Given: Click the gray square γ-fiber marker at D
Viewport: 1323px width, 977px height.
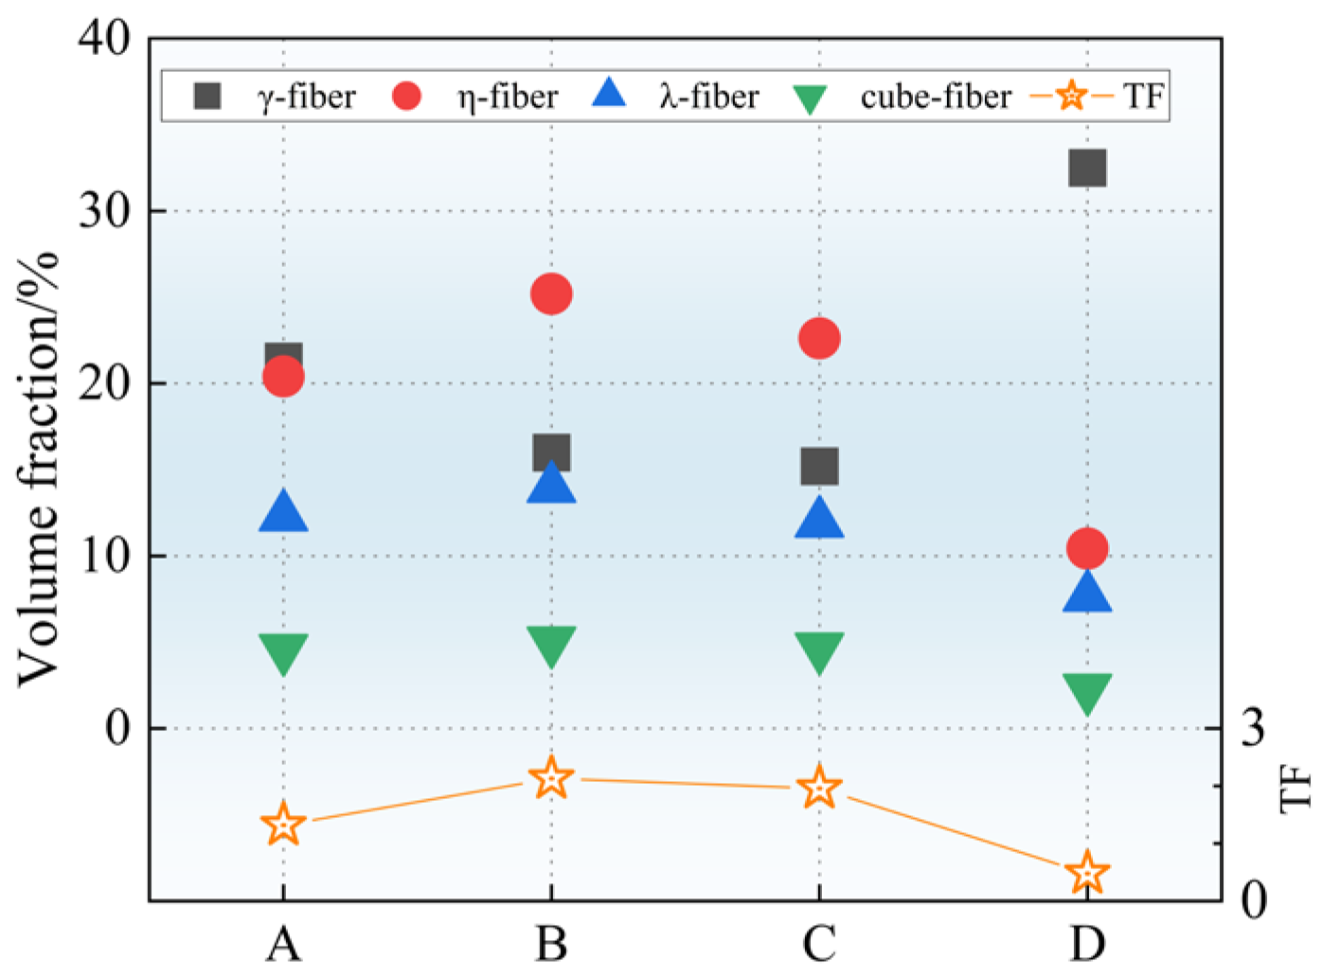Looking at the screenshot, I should click(1087, 169).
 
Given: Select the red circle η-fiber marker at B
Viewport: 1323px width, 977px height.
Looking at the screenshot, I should click(551, 294).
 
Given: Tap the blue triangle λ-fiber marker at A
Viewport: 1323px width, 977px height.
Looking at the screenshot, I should click(283, 513).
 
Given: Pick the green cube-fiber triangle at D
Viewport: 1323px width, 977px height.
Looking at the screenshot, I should click(1087, 693).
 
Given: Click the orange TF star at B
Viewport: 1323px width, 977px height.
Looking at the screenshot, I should click(551, 778).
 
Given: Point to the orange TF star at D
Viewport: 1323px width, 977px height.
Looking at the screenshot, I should click(1087, 873).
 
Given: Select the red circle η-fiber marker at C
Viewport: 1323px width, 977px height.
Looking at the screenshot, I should click(819, 338).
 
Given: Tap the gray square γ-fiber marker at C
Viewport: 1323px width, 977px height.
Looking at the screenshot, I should click(819, 466).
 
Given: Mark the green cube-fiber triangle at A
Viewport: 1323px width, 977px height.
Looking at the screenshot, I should click(283, 653).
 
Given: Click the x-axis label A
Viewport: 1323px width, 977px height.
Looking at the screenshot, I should click(283, 943).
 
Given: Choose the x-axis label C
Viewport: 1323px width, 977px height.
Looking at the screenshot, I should click(819, 943).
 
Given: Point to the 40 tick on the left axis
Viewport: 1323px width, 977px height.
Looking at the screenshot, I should click(104, 39).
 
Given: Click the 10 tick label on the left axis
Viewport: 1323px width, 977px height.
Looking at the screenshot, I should click(104, 556).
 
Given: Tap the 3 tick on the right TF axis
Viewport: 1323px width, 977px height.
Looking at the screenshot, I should click(1253, 728).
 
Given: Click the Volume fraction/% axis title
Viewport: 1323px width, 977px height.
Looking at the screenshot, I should click(40, 469).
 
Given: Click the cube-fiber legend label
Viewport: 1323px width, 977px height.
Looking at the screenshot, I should click(935, 97).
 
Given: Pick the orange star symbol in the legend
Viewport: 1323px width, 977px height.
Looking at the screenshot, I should click(1071, 96).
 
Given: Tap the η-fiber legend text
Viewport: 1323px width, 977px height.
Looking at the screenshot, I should click(508, 97).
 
